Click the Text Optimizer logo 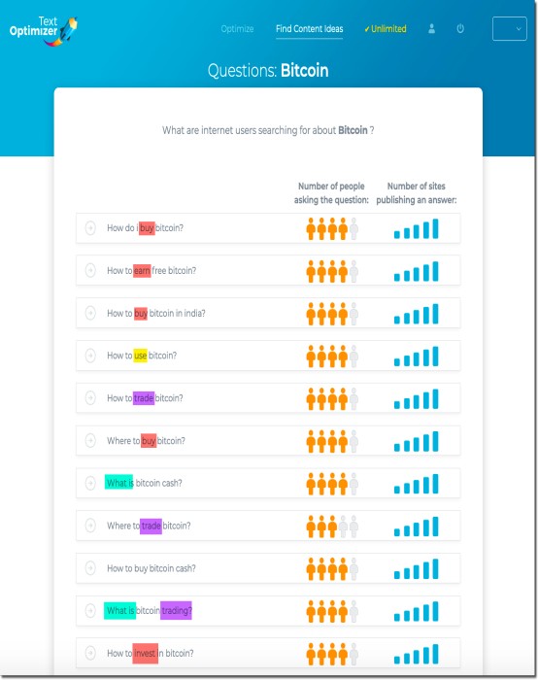point(44,30)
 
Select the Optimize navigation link point(237,29)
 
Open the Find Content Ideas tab point(309,29)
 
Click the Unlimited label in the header point(385,29)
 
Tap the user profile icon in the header point(431,28)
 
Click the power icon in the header point(460,28)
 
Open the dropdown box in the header point(510,28)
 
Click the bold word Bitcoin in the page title point(304,70)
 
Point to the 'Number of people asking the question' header point(331,193)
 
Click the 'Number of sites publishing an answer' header point(417,193)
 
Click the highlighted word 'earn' point(142,271)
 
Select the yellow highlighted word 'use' point(140,356)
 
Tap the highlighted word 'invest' point(145,653)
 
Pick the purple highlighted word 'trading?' point(176,611)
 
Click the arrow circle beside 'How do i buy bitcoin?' point(90,227)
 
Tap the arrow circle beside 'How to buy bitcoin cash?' point(90,568)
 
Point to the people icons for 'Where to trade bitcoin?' point(332,527)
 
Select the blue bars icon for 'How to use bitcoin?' point(417,357)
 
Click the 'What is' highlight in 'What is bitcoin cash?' point(118,483)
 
